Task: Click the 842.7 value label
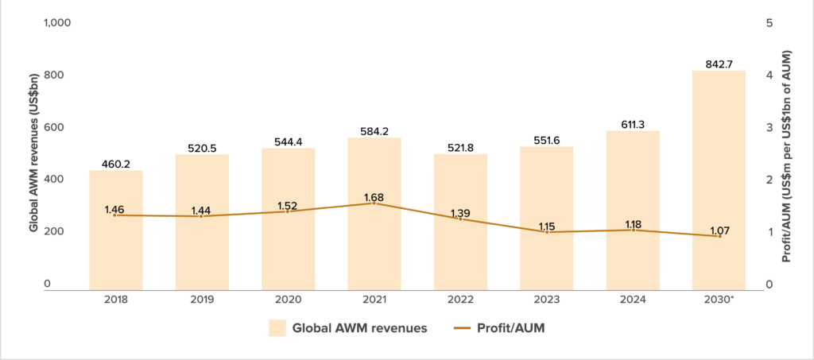[x=719, y=64]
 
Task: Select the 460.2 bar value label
[x=116, y=165]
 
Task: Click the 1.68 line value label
[x=374, y=196]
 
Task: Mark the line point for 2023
[x=547, y=232]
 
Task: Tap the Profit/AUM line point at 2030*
[x=719, y=236]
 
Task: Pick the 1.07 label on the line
[x=719, y=230]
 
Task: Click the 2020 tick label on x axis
[x=288, y=300]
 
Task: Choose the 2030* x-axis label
[x=719, y=300]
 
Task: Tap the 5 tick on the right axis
[x=769, y=23]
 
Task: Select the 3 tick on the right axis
[x=769, y=127]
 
